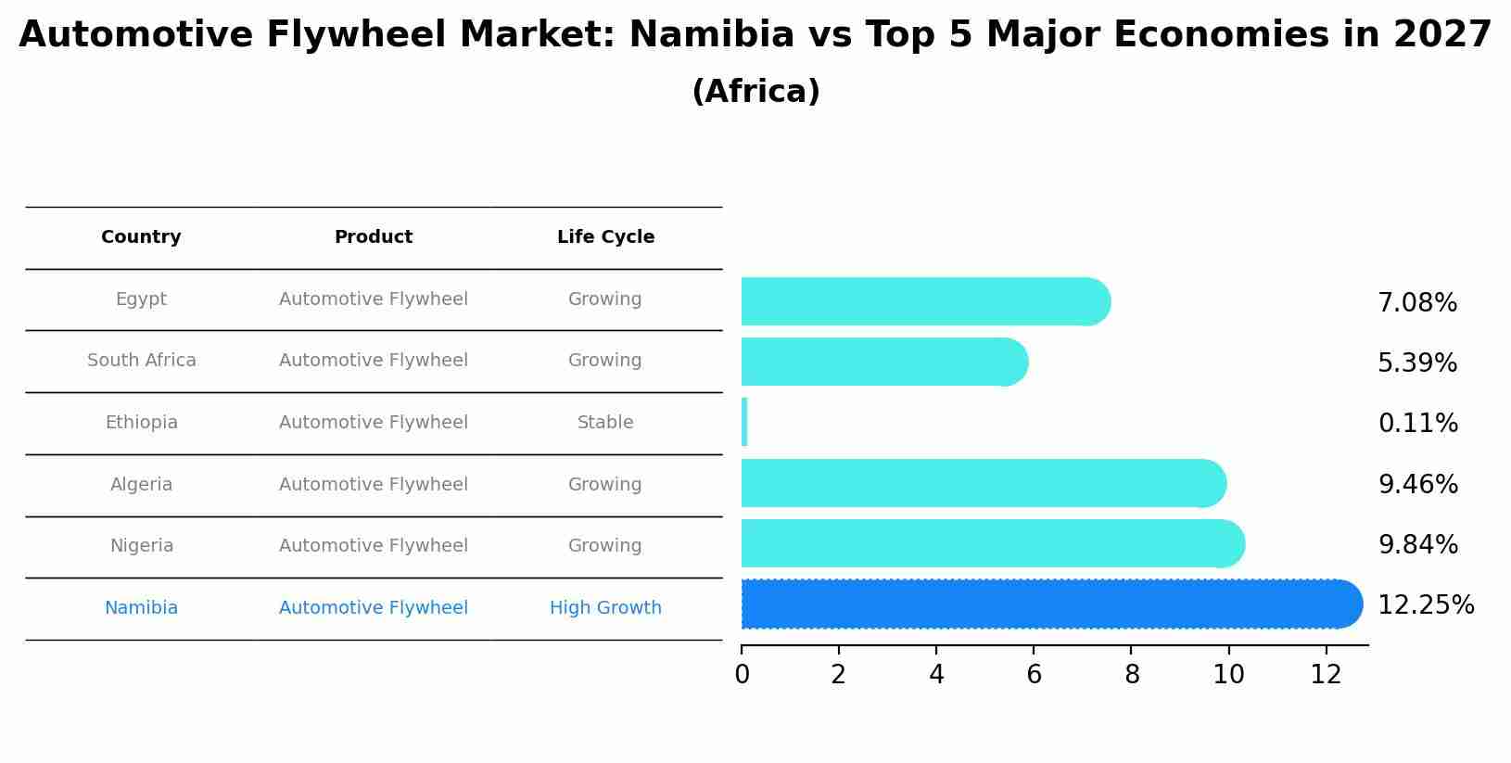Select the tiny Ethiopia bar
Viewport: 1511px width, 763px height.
point(744,423)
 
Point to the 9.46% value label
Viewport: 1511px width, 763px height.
point(1417,484)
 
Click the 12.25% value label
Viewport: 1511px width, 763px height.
point(1425,605)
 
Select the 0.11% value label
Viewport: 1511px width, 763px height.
point(1417,424)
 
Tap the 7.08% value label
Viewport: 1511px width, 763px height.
point(1416,303)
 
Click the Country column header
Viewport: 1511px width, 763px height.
point(141,237)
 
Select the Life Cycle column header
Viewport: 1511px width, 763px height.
point(605,237)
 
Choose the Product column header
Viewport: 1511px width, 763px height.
point(373,237)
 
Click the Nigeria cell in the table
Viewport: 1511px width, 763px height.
point(141,546)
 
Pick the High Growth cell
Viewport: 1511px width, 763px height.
point(605,608)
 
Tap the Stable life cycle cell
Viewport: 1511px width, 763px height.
point(605,423)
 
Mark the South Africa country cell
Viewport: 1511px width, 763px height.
point(141,361)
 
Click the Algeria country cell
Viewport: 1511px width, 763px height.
point(141,485)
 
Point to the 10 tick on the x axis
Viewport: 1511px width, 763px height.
point(1228,675)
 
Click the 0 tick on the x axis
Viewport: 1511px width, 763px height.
point(742,675)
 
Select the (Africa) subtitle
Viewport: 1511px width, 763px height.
point(755,92)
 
